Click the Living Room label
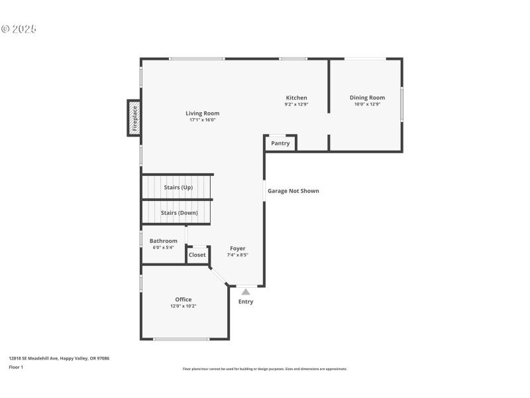[202, 113]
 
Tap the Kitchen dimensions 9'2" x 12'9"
[296, 104]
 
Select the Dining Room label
[367, 98]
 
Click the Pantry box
[280, 143]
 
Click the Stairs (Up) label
[178, 188]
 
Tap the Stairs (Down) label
[179, 213]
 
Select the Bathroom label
[163, 241]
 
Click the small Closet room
[197, 255]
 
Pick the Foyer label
[237, 249]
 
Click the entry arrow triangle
[246, 291]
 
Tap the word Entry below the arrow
[246, 302]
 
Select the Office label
[183, 299]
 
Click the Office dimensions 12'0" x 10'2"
[183, 306]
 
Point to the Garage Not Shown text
[293, 191]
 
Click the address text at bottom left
[59, 358]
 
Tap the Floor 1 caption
[16, 367]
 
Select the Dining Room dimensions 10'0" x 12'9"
[367, 104]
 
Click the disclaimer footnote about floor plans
[265, 369]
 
